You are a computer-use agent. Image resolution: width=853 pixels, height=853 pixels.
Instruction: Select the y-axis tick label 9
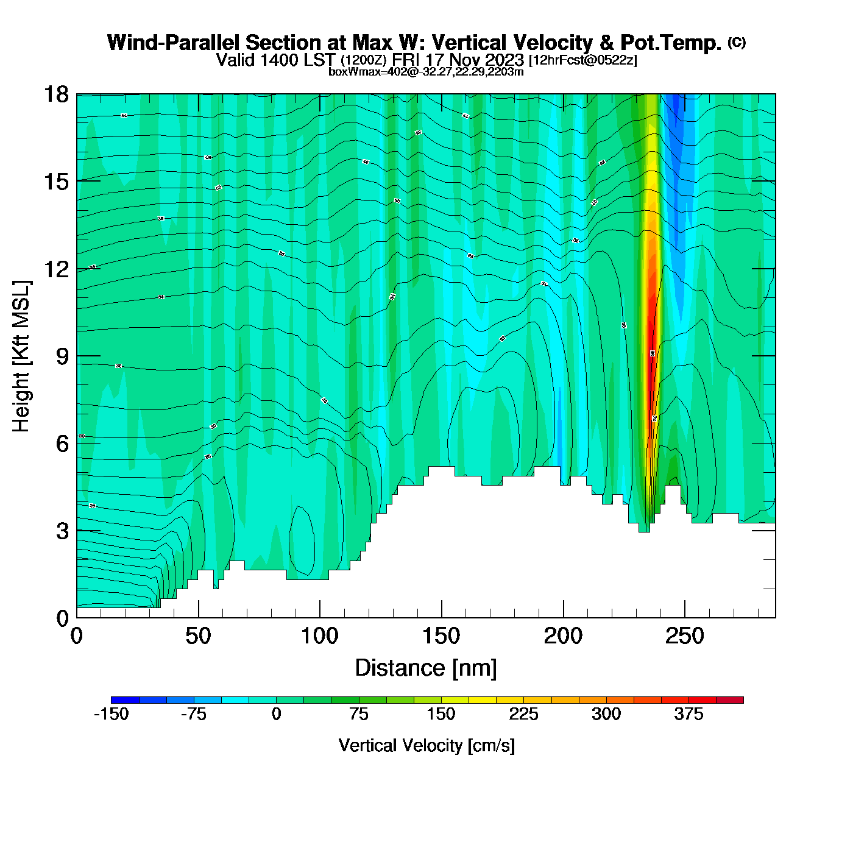tap(62, 356)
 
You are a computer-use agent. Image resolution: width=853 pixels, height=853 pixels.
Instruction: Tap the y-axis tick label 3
tap(62, 531)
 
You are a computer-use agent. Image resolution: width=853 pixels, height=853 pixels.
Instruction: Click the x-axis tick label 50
tap(198, 637)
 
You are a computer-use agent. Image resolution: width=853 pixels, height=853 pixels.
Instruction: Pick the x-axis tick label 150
tap(441, 637)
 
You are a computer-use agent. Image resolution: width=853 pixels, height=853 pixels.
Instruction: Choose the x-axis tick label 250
tap(684, 637)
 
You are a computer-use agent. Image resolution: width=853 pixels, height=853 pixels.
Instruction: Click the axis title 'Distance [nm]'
tap(426, 668)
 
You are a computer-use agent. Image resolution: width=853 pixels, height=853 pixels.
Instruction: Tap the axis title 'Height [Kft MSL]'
tap(21, 356)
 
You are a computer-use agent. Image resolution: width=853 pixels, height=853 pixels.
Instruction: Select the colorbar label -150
tap(111, 714)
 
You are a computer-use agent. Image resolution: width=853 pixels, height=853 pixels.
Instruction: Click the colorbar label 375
tap(688, 714)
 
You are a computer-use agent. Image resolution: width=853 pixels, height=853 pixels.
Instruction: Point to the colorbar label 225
tap(523, 714)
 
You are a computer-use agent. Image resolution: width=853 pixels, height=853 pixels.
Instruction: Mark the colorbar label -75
tap(194, 714)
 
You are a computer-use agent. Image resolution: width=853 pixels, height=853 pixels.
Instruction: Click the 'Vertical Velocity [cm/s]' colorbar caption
tap(426, 745)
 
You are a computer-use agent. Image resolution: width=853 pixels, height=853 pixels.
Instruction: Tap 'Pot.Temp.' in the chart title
tap(671, 43)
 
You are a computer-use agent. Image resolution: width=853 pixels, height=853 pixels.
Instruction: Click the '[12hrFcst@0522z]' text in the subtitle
tap(583, 60)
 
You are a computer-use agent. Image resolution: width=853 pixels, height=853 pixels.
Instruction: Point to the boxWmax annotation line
tap(426, 71)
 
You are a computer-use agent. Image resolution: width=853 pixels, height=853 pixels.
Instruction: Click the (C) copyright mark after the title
tap(737, 42)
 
